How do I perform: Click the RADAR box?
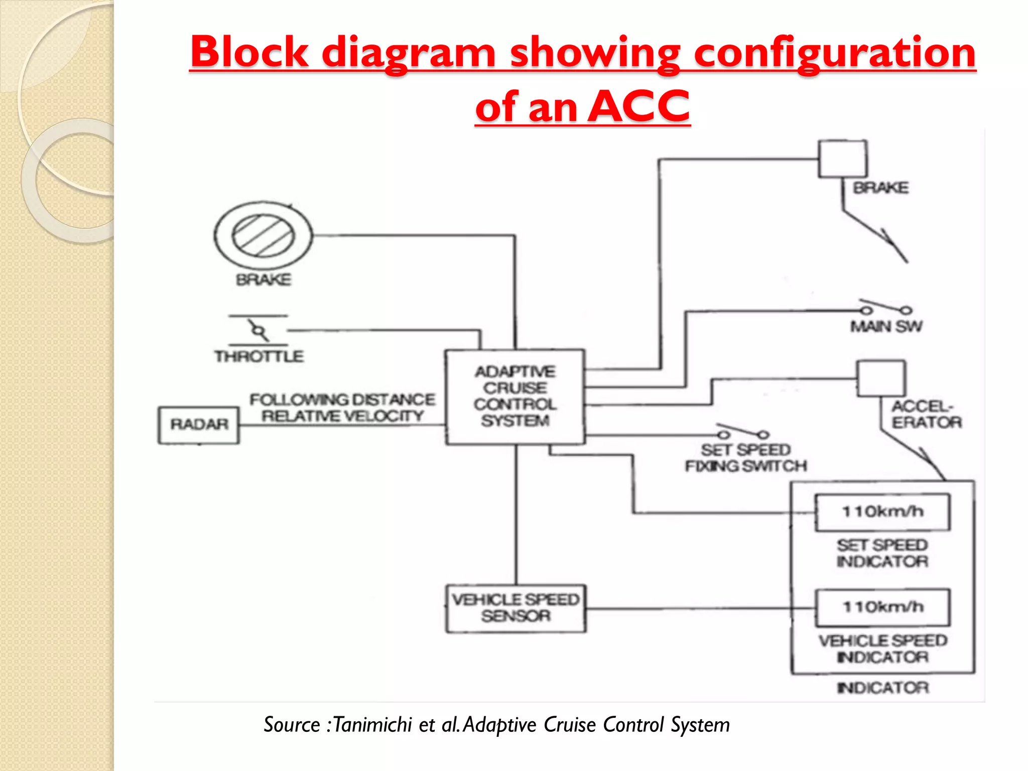pos(199,425)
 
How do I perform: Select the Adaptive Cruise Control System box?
pos(515,397)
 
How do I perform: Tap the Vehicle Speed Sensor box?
pos(516,608)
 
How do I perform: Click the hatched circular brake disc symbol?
pos(263,235)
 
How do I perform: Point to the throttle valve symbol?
pos(259,330)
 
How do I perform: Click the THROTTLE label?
pos(259,356)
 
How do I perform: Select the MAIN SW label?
pos(886,327)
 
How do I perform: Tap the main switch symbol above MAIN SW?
pos(886,308)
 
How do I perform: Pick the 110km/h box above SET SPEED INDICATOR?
pos(882,512)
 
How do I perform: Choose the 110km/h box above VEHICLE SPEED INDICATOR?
pos(882,607)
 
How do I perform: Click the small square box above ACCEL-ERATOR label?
pos(881,378)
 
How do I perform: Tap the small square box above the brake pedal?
pos(843,159)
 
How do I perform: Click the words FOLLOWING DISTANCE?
pos(342,400)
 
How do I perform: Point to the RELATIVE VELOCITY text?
pos(342,416)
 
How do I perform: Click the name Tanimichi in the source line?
pos(372,725)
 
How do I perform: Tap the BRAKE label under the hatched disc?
pos(264,280)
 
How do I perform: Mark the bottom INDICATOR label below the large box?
pos(882,688)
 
